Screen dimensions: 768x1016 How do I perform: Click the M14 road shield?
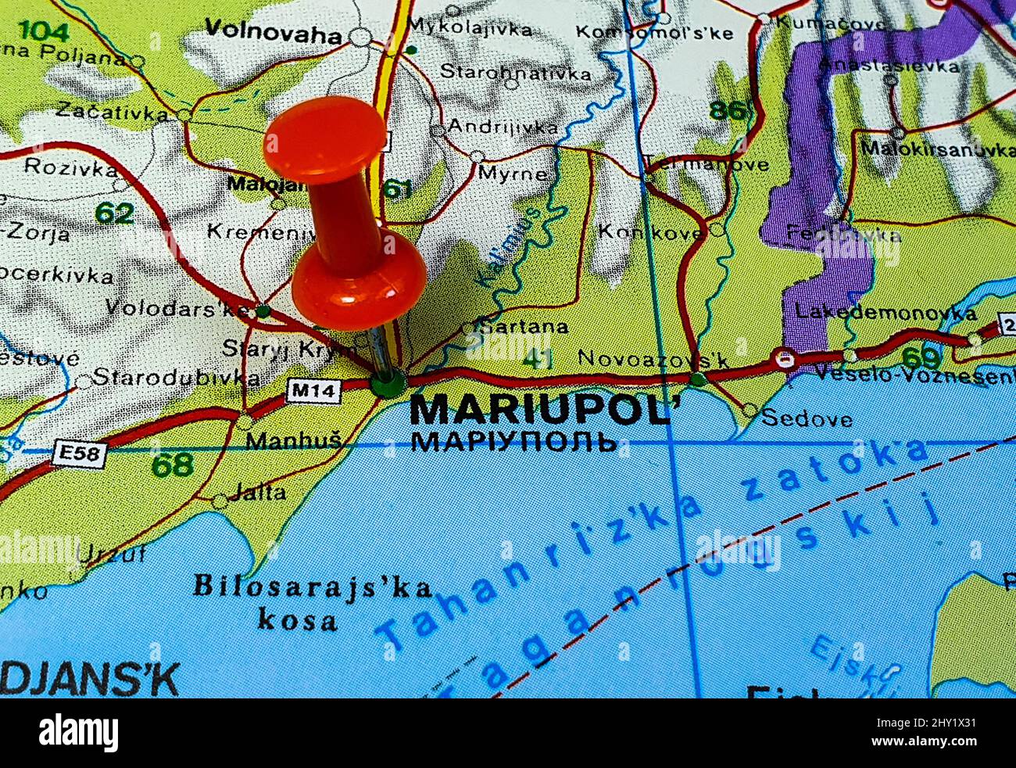(x=313, y=390)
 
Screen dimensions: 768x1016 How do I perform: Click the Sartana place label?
(x=523, y=327)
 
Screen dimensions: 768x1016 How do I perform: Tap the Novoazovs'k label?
(x=653, y=359)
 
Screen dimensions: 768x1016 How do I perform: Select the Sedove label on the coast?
(x=807, y=418)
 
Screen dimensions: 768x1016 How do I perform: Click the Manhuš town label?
(x=294, y=441)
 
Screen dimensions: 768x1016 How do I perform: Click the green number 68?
(x=172, y=465)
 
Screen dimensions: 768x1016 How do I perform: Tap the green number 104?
(x=44, y=31)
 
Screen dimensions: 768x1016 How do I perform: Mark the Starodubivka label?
(x=177, y=378)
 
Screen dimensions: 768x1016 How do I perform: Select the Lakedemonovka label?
(x=885, y=313)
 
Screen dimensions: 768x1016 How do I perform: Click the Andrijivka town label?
(x=504, y=127)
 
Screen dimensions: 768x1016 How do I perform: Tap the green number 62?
(x=114, y=213)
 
